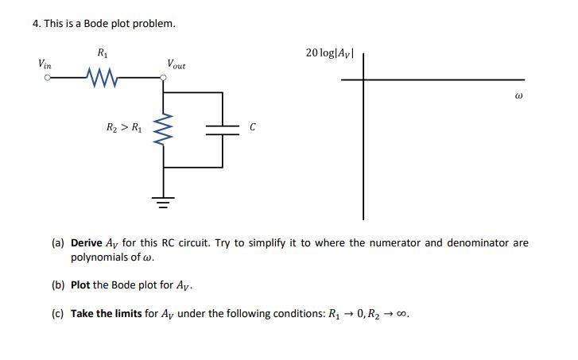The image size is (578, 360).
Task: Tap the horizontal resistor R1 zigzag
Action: coord(102,78)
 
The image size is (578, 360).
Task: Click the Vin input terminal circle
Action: coord(48,78)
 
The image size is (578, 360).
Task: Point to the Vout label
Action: coord(176,64)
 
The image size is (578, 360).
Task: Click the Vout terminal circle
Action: coord(165,78)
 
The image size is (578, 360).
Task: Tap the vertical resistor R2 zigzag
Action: coord(165,129)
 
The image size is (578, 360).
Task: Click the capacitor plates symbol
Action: coord(223,129)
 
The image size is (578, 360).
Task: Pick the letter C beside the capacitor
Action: coord(253,127)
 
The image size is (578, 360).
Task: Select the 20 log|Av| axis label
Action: coord(334,53)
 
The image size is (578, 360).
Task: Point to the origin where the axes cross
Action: coord(364,79)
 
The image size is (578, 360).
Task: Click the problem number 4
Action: coord(36,23)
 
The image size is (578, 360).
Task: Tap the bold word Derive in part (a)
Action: coord(87,243)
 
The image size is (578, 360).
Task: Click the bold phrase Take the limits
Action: coord(107,313)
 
